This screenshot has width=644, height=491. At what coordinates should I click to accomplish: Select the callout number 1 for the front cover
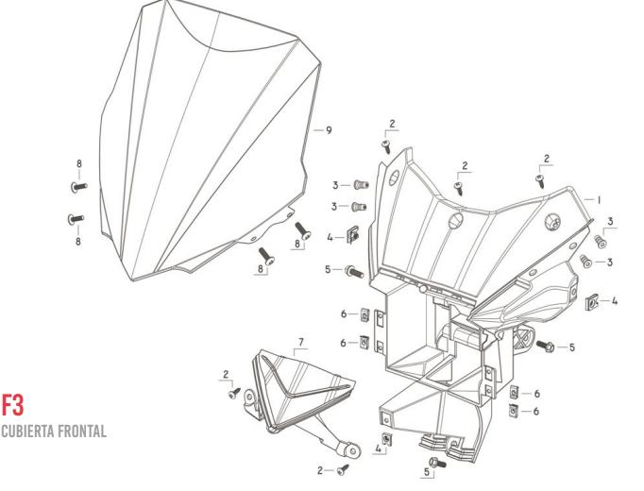(599, 200)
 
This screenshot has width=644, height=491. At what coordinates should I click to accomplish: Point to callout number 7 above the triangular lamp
(300, 338)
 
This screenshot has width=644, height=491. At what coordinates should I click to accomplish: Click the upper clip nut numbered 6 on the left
(364, 314)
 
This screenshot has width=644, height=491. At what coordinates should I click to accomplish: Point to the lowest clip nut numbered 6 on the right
(514, 410)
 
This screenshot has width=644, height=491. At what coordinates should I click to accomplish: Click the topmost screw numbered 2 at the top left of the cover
(387, 144)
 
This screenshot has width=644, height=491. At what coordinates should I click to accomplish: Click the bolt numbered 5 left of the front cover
(355, 270)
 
